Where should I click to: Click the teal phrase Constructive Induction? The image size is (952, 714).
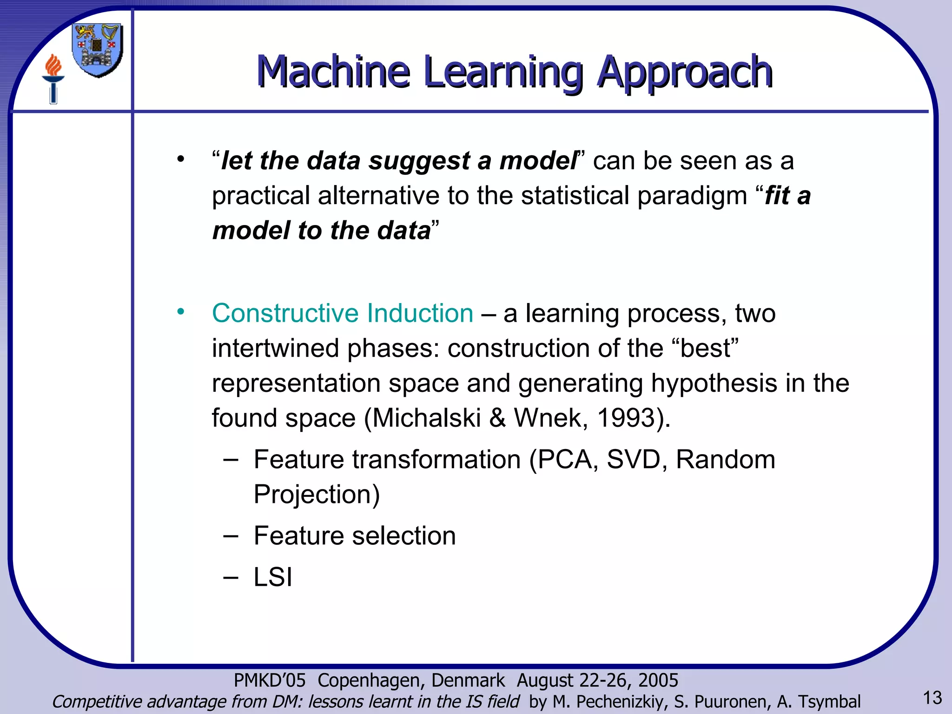point(343,313)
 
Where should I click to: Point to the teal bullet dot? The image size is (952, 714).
point(180,311)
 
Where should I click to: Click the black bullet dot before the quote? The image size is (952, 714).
point(180,160)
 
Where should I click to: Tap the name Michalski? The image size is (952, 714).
point(426,418)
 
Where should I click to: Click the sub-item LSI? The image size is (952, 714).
point(273,577)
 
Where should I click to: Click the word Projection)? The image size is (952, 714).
point(317,494)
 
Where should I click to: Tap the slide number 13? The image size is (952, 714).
point(932,698)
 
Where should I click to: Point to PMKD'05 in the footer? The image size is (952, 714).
point(270,681)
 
